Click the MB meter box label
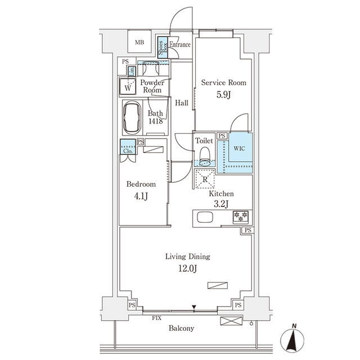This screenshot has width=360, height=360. click(x=139, y=42)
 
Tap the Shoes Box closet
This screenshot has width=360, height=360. click(x=163, y=47)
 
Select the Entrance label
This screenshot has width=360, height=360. click(x=180, y=44)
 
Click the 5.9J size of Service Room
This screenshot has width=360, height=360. click(x=223, y=94)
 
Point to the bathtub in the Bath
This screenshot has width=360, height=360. click(x=132, y=118)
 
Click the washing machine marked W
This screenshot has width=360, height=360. click(x=128, y=86)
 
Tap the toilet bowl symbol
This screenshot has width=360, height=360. click(x=205, y=156)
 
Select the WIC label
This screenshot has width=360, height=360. click(x=239, y=148)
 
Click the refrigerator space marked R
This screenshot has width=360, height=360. click(x=205, y=179)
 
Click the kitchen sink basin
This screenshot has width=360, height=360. click(x=205, y=217)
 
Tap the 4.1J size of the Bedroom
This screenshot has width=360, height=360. click(x=141, y=196)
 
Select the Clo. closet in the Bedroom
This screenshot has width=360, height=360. click(x=128, y=147)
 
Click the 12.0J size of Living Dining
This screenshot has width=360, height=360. click(x=187, y=268)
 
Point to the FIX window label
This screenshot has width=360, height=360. click(x=156, y=318)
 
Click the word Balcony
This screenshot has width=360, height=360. click(x=181, y=328)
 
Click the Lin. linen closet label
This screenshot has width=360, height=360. click(x=132, y=71)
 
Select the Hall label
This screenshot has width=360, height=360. click(x=182, y=102)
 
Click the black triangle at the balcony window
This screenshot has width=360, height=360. click(x=194, y=307)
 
